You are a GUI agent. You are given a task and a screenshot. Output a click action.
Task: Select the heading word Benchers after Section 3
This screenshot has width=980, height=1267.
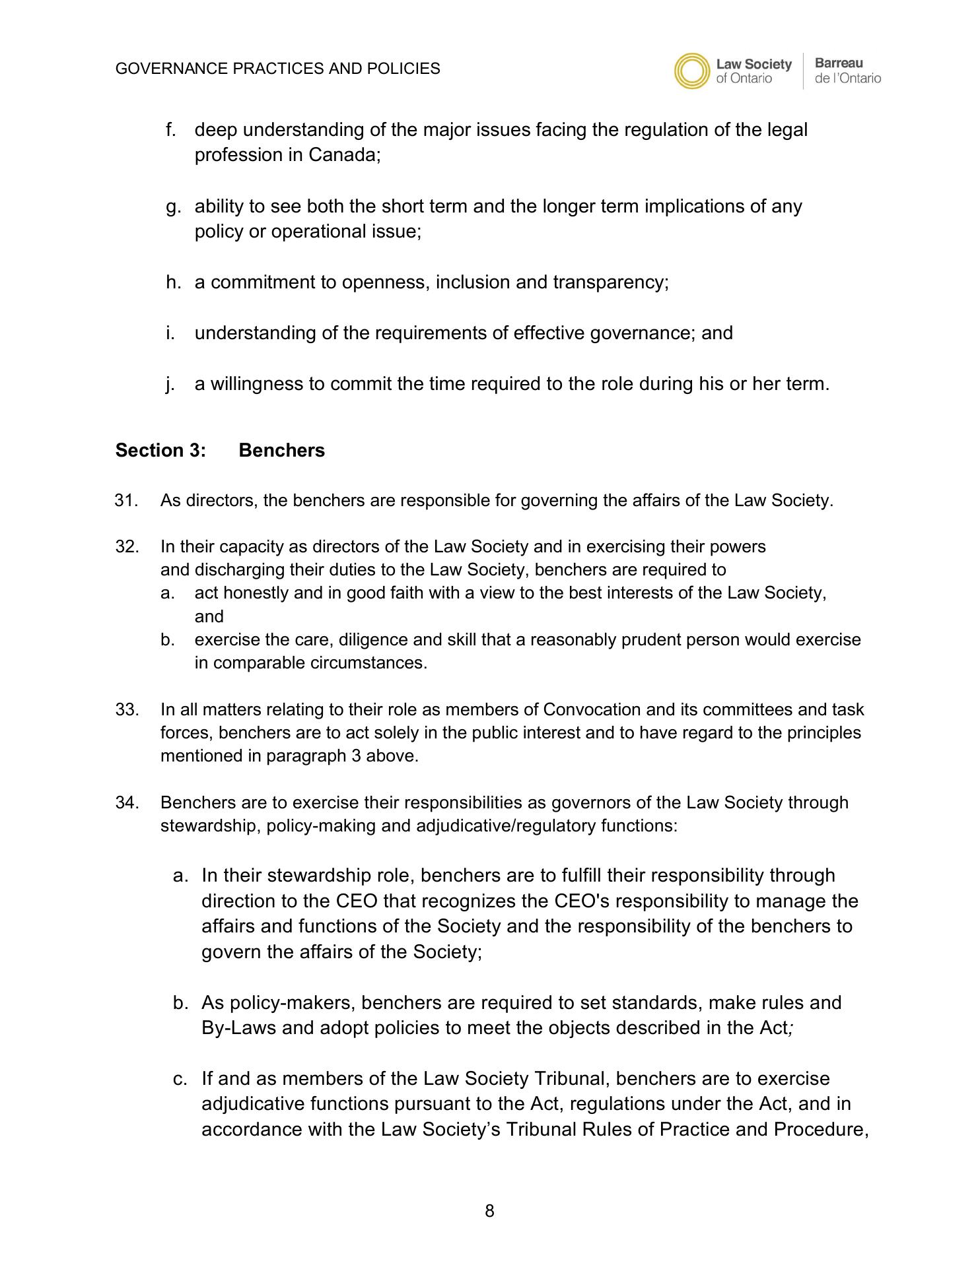(x=281, y=451)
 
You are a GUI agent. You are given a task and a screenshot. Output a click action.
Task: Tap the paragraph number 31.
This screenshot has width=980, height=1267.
(x=126, y=501)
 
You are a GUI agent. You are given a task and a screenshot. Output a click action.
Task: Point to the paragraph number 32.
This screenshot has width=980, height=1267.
(x=127, y=547)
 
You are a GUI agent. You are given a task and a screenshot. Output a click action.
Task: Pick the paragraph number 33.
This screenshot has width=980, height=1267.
(x=127, y=710)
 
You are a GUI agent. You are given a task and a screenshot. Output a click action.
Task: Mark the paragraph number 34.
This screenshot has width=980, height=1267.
(x=127, y=803)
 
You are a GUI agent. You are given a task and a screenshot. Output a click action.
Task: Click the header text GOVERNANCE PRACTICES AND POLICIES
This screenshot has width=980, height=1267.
(x=277, y=69)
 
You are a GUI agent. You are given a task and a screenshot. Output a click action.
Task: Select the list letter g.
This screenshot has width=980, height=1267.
(x=173, y=207)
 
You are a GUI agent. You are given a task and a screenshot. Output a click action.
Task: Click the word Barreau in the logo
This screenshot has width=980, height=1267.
(x=839, y=63)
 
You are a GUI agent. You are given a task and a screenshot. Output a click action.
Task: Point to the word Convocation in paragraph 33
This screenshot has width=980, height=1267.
(x=592, y=710)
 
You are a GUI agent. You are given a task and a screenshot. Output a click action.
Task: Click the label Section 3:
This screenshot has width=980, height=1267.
(x=160, y=451)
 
